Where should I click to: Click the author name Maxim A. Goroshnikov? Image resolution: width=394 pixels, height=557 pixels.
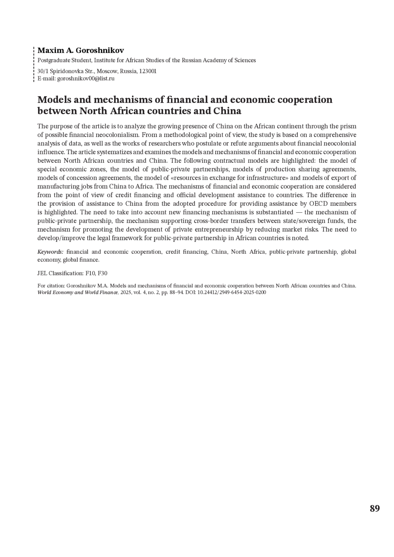80,51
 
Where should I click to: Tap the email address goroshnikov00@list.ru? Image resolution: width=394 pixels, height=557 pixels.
86,79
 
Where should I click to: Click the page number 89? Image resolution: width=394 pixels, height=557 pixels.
375,508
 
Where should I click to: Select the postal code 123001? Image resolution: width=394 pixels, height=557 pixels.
148,71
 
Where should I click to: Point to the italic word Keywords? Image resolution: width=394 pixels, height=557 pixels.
50,252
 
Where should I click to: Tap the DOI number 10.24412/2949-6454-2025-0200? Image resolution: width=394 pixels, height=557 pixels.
231,292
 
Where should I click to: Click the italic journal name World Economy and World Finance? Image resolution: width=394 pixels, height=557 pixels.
78,292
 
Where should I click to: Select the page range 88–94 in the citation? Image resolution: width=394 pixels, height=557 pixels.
172,292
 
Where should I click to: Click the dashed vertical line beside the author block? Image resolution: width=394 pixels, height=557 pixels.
34,64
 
